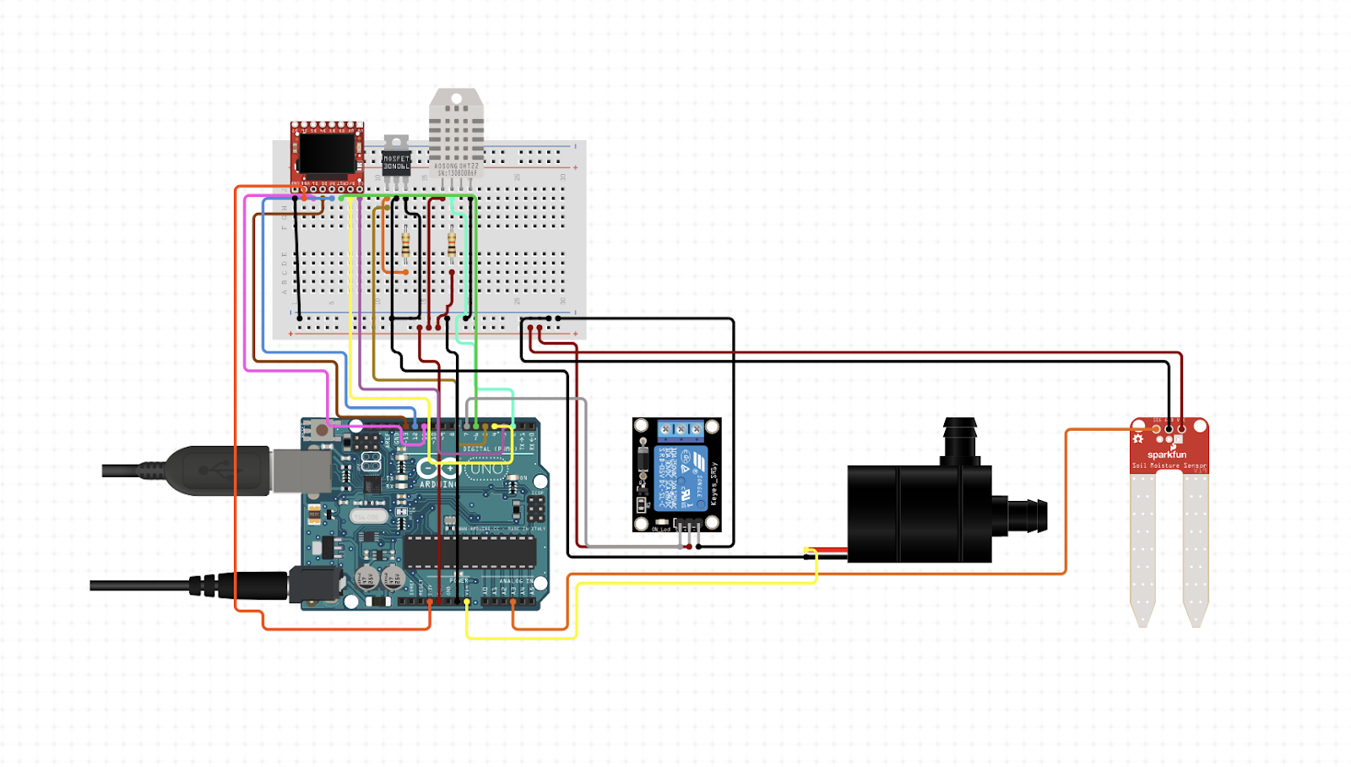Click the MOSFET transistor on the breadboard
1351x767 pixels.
click(x=396, y=160)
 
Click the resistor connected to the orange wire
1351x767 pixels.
click(x=406, y=244)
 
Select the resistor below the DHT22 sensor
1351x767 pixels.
click(x=452, y=244)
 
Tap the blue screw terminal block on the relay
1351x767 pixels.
click(x=681, y=429)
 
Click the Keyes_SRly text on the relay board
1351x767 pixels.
click(x=714, y=484)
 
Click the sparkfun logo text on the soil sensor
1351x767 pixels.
click(x=1167, y=454)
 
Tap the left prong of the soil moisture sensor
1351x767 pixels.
click(x=1142, y=549)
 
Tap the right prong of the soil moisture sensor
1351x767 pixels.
click(x=1196, y=549)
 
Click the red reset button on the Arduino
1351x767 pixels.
click(x=321, y=431)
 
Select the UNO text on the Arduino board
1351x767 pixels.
click(x=488, y=469)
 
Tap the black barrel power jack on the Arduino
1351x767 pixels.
click(x=314, y=585)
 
